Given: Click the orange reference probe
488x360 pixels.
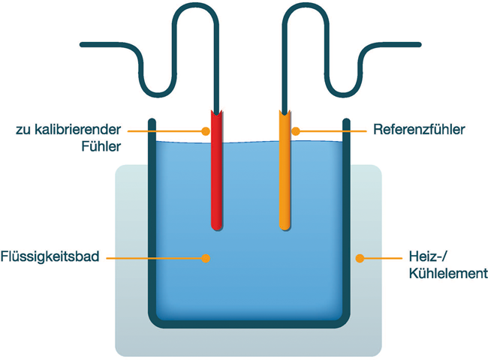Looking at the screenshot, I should point(285,180).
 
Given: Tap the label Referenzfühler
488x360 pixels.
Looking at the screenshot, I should point(419,130).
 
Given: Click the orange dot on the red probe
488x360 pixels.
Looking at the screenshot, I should point(205,130).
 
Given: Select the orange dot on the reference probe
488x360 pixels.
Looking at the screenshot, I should point(296,130).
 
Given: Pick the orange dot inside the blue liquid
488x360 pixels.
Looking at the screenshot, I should point(204,258).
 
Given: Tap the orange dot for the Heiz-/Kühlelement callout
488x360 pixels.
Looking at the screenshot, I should point(360,258).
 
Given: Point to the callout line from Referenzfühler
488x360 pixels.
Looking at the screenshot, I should point(330,130).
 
